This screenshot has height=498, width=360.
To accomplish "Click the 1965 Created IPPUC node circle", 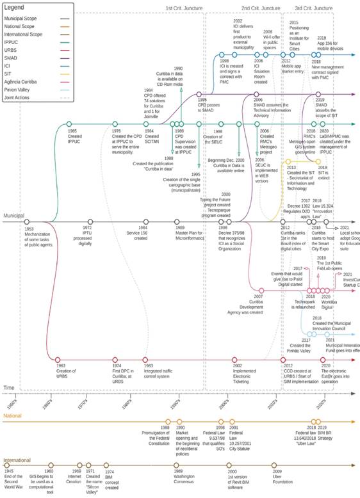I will coord(69,124).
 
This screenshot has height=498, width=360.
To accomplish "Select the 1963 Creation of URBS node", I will coord(58,360).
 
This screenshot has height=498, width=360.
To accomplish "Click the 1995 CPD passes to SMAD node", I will coord(202,94).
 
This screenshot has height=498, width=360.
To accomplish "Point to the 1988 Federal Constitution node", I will coord(165,421).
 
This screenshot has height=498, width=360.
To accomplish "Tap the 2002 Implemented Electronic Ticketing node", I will coord(236,360).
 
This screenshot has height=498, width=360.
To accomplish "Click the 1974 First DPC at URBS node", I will coord(115,360).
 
